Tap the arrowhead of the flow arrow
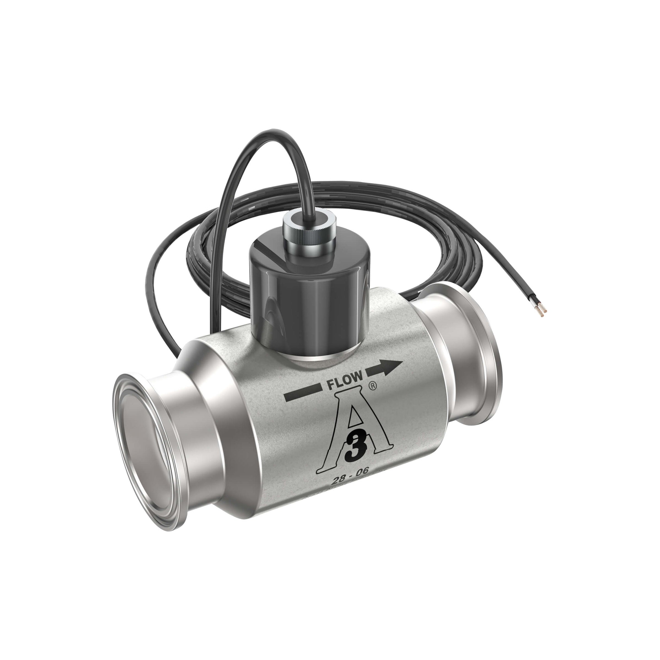(x=393, y=366)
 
